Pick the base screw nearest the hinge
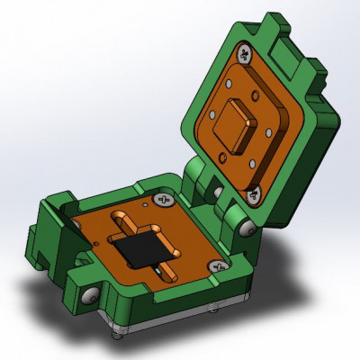[163, 197]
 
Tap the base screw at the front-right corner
[217, 266]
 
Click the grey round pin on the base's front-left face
[88, 294]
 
